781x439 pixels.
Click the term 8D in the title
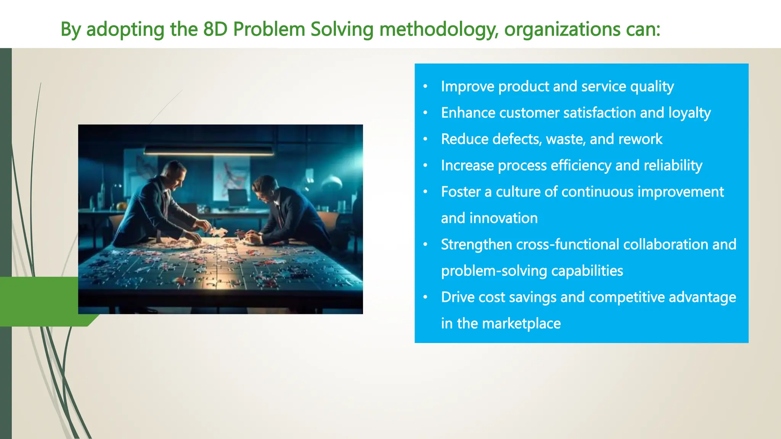[x=215, y=29]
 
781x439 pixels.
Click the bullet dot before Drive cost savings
[x=425, y=297]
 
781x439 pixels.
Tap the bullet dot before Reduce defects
[x=425, y=139]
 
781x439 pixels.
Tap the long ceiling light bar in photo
[x=209, y=151]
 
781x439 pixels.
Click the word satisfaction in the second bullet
[x=599, y=113]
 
